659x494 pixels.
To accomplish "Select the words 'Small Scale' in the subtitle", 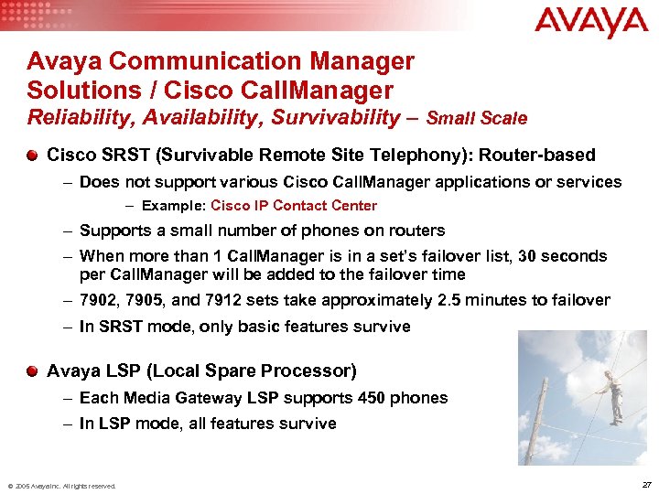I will click(477, 118).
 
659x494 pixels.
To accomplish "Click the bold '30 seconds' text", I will click(562, 256).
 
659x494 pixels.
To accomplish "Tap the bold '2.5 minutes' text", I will click(476, 301).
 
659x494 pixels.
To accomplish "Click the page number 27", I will click(647, 484).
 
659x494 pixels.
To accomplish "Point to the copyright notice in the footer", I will click(61, 486).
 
